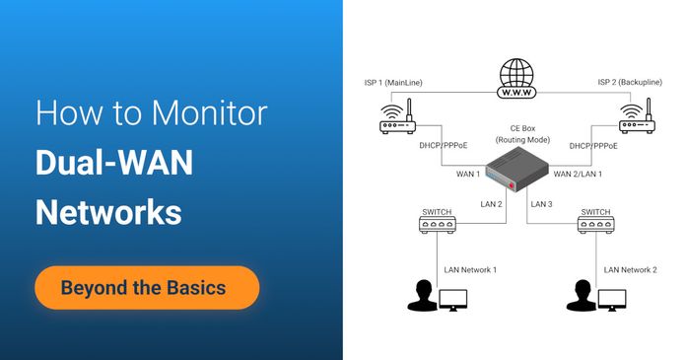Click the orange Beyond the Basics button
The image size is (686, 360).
(147, 289)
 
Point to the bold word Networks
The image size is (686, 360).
(108, 212)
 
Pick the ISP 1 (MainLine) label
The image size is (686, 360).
(398, 82)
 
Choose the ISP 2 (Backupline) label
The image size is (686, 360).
(636, 82)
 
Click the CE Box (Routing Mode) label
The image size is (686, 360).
(521, 133)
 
